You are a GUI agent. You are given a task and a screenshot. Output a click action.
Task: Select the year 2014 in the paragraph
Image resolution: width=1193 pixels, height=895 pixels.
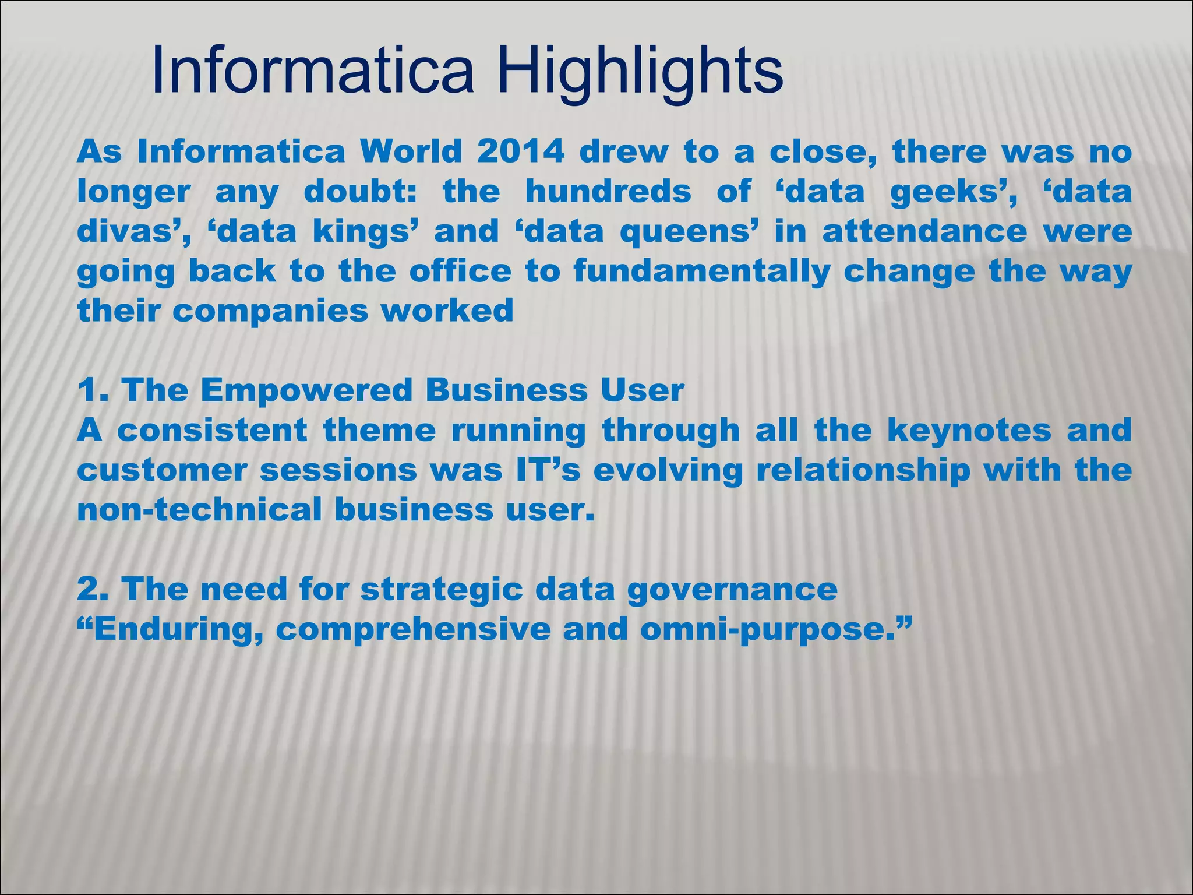coord(520,153)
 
